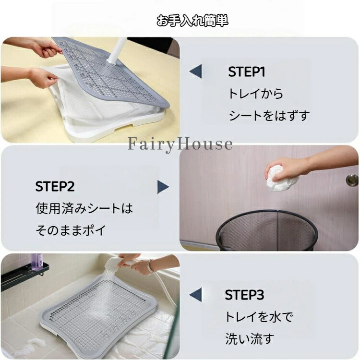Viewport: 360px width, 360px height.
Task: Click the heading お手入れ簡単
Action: tap(192, 21)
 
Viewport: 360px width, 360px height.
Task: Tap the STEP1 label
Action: tap(247, 72)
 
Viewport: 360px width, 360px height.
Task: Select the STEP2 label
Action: tap(55, 186)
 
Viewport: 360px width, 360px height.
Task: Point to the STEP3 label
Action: tap(244, 295)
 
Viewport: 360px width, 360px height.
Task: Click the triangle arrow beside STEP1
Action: tap(195, 71)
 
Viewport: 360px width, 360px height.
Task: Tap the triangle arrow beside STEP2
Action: tap(163, 187)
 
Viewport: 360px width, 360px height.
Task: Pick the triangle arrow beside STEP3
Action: tap(195, 294)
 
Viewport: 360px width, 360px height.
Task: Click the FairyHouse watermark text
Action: tap(180, 144)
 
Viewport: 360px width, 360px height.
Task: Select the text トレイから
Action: tap(255, 94)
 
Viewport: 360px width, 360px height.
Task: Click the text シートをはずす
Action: tap(269, 116)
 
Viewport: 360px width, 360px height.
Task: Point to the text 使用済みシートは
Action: tap(84, 208)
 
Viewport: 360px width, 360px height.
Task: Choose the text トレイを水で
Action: tap(259, 317)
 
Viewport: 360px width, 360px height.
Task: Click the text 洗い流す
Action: tap(250, 339)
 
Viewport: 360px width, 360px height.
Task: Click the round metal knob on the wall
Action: tap(352, 180)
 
